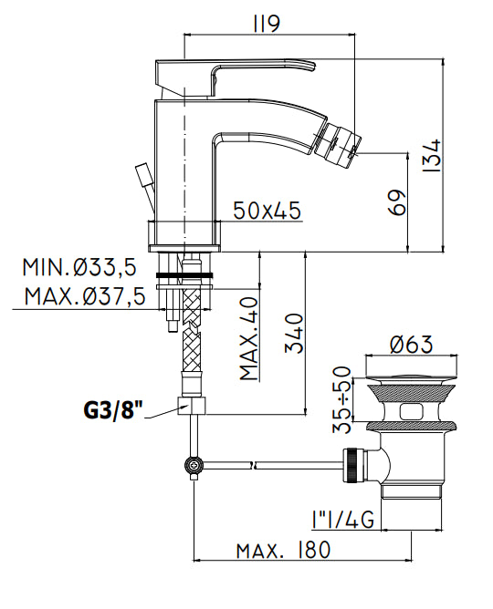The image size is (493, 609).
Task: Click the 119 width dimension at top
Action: pyautogui.click(x=267, y=25)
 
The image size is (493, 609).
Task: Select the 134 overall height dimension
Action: pyautogui.click(x=432, y=155)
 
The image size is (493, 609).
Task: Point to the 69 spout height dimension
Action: pyautogui.click(x=397, y=202)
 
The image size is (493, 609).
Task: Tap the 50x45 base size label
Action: pyautogui.click(x=267, y=211)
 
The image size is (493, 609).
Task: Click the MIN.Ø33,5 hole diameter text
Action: pyautogui.click(x=79, y=268)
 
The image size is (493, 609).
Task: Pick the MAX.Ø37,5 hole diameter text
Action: pyautogui.click(x=85, y=296)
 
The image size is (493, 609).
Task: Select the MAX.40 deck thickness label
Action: pyautogui.click(x=249, y=338)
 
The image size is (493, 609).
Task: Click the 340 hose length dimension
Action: pyautogui.click(x=294, y=334)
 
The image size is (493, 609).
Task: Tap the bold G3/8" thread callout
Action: pyautogui.click(x=113, y=410)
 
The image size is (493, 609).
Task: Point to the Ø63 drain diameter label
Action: pyautogui.click(x=412, y=345)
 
